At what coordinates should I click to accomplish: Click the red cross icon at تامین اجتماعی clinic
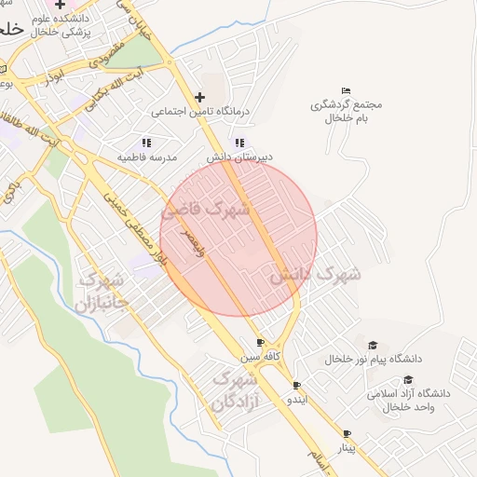[199, 97]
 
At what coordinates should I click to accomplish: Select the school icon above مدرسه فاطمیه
[146, 143]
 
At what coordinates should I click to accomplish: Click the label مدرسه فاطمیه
[146, 157]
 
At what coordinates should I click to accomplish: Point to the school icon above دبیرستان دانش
[239, 143]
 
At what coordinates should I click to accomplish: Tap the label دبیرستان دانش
[239, 157]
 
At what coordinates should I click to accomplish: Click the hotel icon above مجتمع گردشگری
[347, 90]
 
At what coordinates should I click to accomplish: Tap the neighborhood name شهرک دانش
[315, 276]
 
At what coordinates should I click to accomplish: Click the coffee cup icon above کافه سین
[260, 342]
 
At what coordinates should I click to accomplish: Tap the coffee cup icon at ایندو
[297, 385]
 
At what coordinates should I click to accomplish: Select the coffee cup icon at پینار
[347, 434]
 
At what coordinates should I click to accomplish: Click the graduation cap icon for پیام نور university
[373, 345]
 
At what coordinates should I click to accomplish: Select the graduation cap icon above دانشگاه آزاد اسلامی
[408, 379]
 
